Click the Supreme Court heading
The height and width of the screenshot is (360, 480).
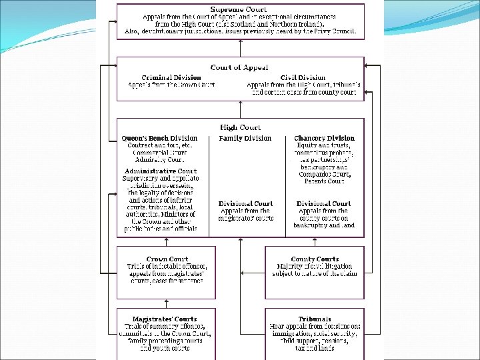coord(240,9)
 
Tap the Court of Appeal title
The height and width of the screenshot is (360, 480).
coord(239,67)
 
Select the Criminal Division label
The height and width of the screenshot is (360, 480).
coord(171,77)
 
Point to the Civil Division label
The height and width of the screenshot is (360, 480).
coord(303,77)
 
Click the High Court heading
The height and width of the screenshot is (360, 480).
coord(240,127)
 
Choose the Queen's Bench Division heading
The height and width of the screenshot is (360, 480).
coord(160,138)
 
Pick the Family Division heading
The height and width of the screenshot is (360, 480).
coord(245,138)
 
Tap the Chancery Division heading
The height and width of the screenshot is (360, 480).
coord(324,138)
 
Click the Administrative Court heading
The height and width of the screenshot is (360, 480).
coord(160,171)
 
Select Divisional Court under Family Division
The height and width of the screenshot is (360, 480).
coord(245,203)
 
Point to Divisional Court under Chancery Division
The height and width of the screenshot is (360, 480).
coord(324,203)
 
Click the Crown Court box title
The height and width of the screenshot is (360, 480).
coord(167,259)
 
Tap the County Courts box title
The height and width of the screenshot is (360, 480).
coord(315,259)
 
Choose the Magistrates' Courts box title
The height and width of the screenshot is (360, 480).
coord(165,319)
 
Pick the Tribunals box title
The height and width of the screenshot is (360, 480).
coord(315,319)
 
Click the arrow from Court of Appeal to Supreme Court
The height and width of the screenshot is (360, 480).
coord(240,47)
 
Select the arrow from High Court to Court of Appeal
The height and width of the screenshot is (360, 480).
coord(240,109)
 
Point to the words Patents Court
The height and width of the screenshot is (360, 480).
coord(324,181)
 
